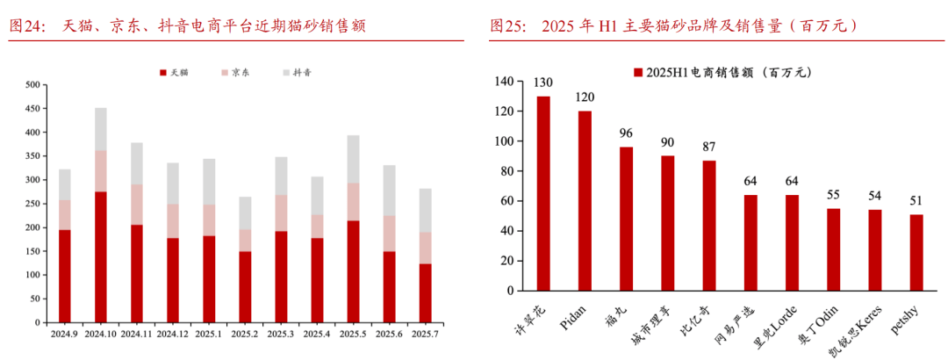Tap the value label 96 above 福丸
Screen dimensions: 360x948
[626, 133]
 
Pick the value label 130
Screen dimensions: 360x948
[543, 83]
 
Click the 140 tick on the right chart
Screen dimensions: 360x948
[505, 82]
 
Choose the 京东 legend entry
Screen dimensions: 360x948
[234, 73]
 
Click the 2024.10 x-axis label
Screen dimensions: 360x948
[100, 335]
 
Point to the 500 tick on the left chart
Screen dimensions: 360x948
[32, 85]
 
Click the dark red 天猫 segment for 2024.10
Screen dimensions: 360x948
[101, 256]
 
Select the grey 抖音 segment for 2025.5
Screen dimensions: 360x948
[353, 159]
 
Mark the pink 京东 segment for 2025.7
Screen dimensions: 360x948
[425, 248]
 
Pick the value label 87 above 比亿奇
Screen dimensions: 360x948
[708, 147]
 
